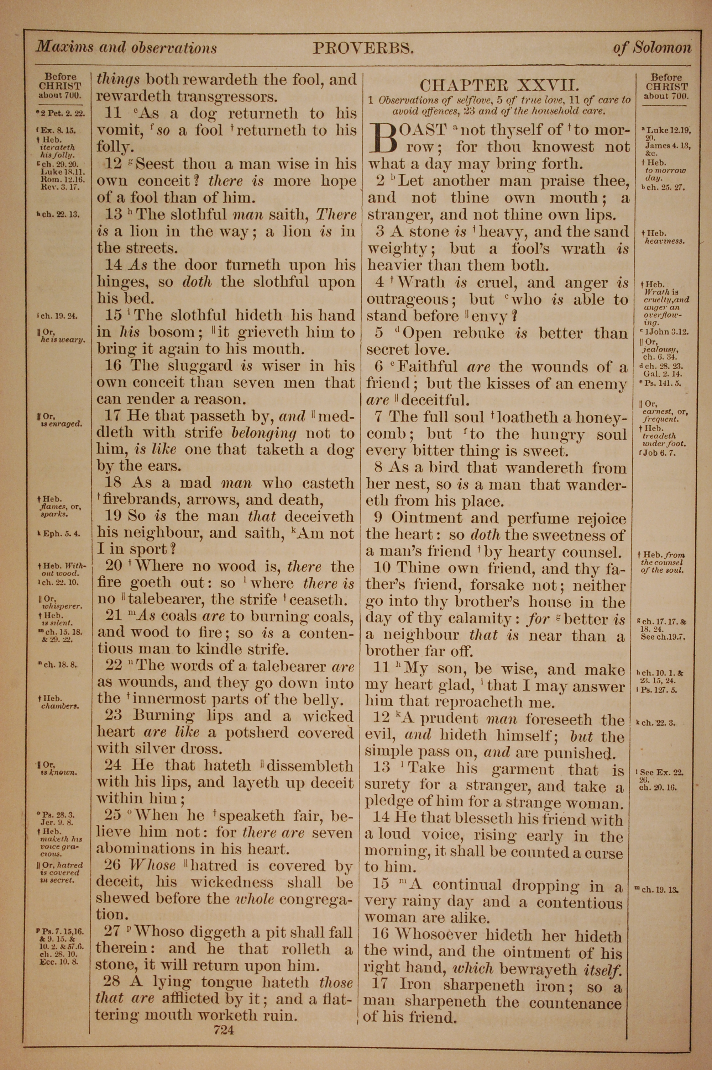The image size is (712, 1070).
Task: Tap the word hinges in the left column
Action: pyautogui.click(x=120, y=282)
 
